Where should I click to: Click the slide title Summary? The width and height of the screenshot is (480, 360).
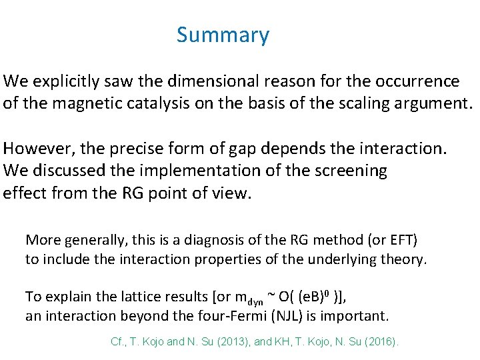tap(223, 35)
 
